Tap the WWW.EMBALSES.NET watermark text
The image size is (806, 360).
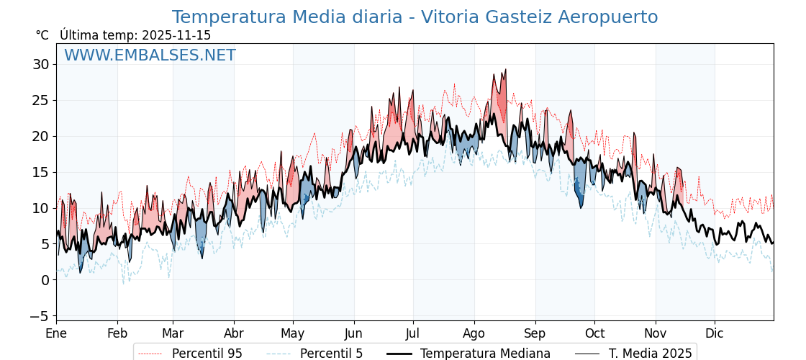pos(150,55)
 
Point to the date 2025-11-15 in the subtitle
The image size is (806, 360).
pos(176,35)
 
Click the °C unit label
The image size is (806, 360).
pos(42,35)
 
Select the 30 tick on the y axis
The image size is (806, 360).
pos(40,64)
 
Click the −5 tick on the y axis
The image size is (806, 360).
pos(40,316)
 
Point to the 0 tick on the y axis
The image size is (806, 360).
pos(45,280)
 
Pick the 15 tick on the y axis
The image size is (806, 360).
pos(40,172)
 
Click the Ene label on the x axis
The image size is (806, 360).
pos(56,333)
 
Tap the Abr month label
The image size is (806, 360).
pos(234,333)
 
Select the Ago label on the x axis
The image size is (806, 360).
pos(474,333)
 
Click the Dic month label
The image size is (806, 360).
pos(715,333)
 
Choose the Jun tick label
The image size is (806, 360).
pos(353,333)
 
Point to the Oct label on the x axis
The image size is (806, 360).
pos(594,333)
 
